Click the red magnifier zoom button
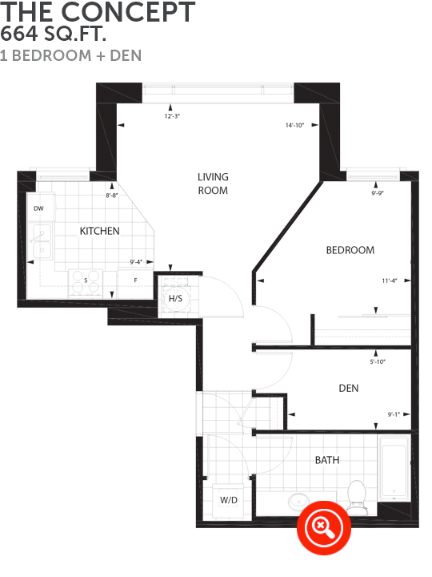click(x=324, y=527)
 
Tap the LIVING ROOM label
click(x=213, y=184)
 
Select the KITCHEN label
click(x=99, y=231)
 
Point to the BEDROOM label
click(x=350, y=250)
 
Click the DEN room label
click(x=349, y=388)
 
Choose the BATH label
click(x=327, y=460)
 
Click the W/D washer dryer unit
click(x=228, y=500)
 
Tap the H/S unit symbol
click(x=175, y=298)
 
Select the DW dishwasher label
click(x=38, y=208)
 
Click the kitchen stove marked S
click(x=86, y=283)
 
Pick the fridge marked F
click(x=135, y=284)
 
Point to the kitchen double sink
click(x=42, y=241)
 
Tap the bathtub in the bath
click(x=394, y=469)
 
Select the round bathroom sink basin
click(x=298, y=502)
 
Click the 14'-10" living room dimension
click(x=294, y=126)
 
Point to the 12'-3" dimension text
click(x=172, y=116)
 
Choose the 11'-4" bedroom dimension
click(x=390, y=280)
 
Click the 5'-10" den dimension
click(x=378, y=361)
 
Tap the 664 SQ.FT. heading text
click(x=54, y=34)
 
